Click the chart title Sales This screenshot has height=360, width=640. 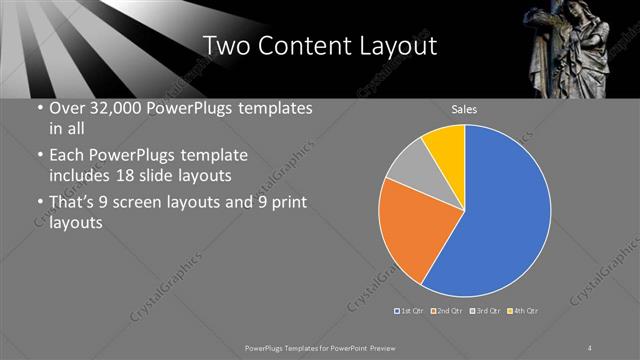coord(465,109)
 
